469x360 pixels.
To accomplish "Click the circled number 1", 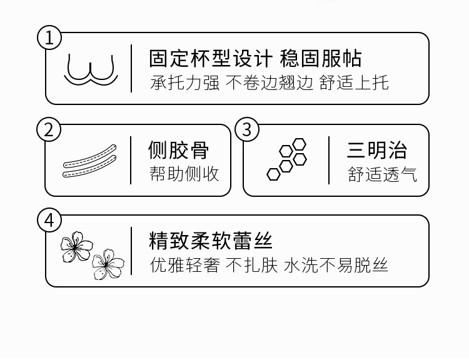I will point(50,37).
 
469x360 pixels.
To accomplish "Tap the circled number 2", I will point(50,130).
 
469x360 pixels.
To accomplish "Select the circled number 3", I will point(247,130).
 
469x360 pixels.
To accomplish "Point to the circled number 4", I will point(50,221).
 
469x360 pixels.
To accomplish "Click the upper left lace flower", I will point(76,247).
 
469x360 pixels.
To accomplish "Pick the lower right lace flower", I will point(108,264).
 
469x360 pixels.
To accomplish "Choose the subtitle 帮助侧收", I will point(184,174).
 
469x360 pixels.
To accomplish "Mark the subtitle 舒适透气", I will point(383,174).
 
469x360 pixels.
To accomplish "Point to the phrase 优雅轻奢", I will point(184,265).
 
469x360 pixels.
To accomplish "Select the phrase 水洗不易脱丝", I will point(336,265).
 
